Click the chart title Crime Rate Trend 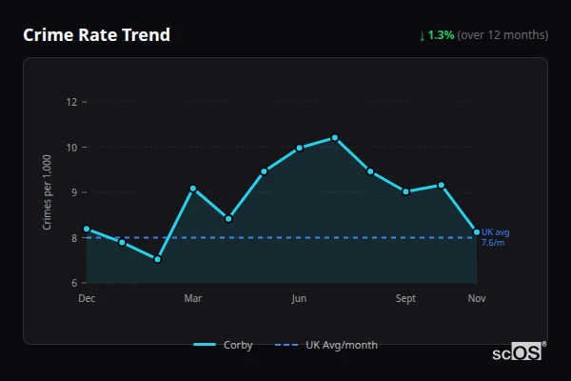pos(96,35)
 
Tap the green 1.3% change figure pos(441,35)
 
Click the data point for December pos(87,229)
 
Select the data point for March pos(193,189)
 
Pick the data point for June pos(299,148)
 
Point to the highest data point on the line pos(335,138)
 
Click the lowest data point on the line pos(158,259)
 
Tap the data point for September pos(405,191)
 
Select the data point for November pos(477,231)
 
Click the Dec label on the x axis pos(87,299)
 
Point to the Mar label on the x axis pos(193,299)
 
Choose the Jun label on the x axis pos(299,299)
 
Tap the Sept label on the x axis pos(405,299)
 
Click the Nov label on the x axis pos(477,299)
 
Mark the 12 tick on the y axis pos(70,102)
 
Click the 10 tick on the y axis pos(70,148)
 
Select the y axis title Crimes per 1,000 pos(47,191)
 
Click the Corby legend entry pos(224,345)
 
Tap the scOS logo pos(518,352)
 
